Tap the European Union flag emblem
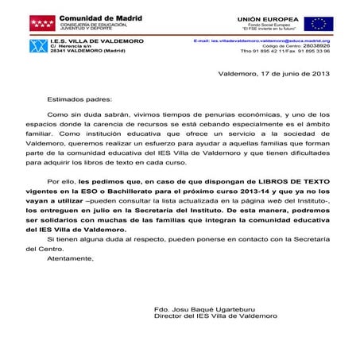319,24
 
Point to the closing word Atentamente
70,258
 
